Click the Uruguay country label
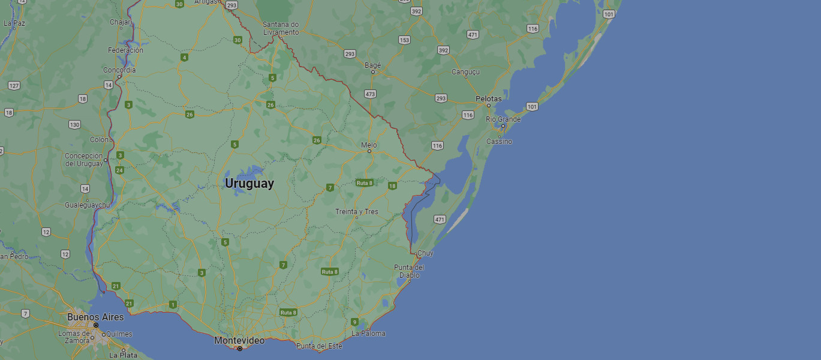(249, 184)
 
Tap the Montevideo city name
(239, 340)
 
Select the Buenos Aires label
(95, 317)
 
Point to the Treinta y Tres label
(357, 211)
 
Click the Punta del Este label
(319, 346)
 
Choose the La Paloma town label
(368, 333)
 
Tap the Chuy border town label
(425, 253)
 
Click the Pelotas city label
(489, 98)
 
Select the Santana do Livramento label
(281, 28)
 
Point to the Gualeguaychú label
(88, 205)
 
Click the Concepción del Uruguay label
(84, 160)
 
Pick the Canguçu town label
(466, 72)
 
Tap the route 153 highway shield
(404, 40)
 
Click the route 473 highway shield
(370, 94)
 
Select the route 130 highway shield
(74, 125)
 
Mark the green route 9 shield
(354, 322)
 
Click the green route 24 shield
(120, 170)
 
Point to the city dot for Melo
(369, 151)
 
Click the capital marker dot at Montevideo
(240, 349)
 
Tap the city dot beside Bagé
(372, 72)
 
